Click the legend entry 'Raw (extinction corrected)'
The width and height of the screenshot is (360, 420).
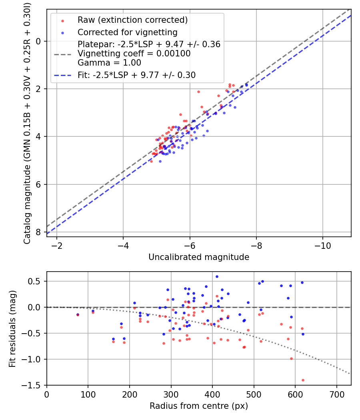pyautogui.click(x=132, y=20)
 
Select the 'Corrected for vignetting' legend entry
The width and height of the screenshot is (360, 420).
pyautogui.click(x=127, y=32)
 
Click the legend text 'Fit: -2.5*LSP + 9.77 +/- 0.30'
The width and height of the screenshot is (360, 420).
pyautogui.click(x=136, y=75)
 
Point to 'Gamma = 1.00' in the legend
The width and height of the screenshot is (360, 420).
pyautogui.click(x=109, y=63)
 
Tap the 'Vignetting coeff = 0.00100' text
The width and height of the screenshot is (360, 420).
pyautogui.click(x=134, y=54)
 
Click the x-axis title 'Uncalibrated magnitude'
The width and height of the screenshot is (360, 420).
pyautogui.click(x=199, y=257)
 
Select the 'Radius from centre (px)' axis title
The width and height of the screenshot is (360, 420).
pyautogui.click(x=199, y=406)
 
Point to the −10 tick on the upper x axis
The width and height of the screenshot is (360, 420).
pyautogui.click(x=322, y=245)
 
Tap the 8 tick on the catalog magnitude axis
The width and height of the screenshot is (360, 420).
pyautogui.click(x=39, y=232)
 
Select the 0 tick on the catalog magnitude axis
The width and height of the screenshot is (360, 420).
pyautogui.click(x=39, y=41)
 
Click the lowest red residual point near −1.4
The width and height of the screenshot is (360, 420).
pyautogui.click(x=303, y=380)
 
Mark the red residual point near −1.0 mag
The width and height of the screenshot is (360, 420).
pyautogui.click(x=291, y=358)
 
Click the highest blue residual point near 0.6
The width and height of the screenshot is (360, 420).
pyautogui.click(x=217, y=276)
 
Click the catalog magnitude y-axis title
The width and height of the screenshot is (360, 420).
pyautogui.click(x=27, y=122)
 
